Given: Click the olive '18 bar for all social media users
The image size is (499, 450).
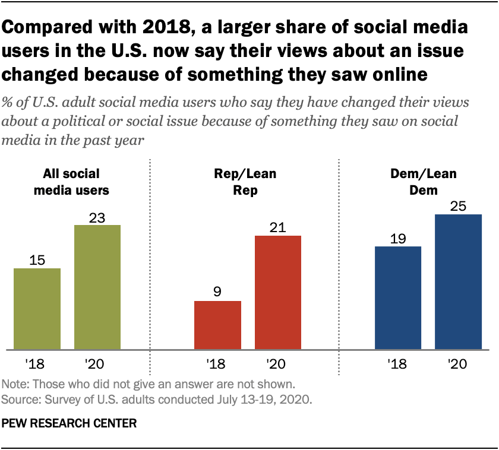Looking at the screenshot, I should tap(37, 309).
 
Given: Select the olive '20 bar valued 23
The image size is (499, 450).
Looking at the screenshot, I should tap(97, 287).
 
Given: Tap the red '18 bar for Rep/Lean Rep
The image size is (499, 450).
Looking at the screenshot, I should tap(217, 325).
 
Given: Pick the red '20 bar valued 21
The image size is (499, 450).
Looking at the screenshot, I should tap(278, 292).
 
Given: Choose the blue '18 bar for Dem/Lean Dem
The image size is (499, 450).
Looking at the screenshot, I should tap(398, 297).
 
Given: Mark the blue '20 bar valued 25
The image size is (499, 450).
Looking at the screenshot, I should tap(458, 281).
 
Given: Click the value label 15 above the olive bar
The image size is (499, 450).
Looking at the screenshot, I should tap(37, 260).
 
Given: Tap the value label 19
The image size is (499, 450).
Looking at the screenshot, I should tap(398, 238).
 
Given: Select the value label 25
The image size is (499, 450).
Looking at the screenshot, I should tap(458, 206).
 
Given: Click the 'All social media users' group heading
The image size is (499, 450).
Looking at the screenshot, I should tap(71, 182).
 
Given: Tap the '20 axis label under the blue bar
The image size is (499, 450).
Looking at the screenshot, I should tap(458, 363).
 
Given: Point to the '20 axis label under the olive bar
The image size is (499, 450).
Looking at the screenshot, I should tap(97, 363).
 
